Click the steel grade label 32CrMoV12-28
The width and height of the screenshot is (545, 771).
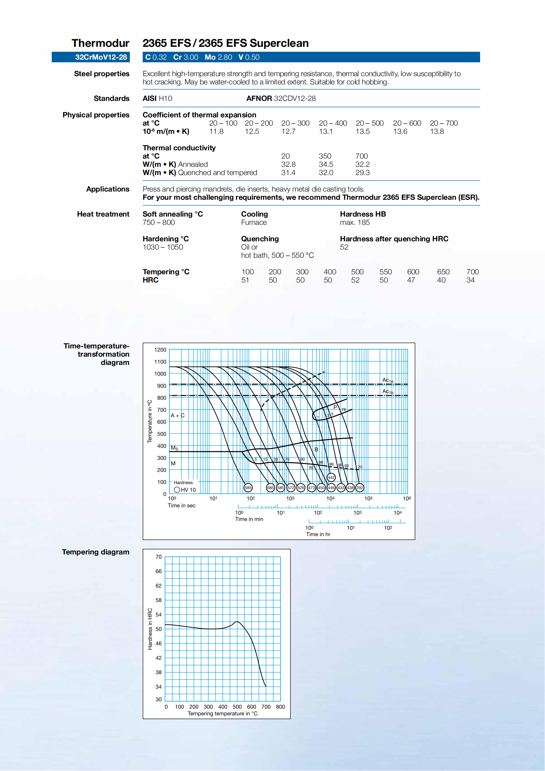[101, 57]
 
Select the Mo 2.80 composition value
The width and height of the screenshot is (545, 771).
[218, 57]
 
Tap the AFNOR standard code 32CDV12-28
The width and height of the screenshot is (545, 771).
[294, 98]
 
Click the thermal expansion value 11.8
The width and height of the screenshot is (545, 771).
[216, 131]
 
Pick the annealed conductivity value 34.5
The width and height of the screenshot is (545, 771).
[326, 164]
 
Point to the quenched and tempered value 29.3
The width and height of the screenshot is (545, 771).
[362, 173]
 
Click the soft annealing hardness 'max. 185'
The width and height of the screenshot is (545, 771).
[355, 222]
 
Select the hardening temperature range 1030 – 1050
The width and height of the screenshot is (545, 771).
[163, 247]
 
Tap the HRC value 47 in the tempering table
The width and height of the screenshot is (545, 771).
[411, 280]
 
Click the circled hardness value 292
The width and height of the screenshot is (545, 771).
[359, 488]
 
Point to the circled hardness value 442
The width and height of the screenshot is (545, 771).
[331, 477]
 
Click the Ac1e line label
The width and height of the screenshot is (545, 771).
[387, 380]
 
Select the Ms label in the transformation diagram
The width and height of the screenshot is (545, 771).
[175, 448]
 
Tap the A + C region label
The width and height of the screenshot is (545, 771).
[178, 415]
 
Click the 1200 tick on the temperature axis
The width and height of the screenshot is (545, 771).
[160, 349]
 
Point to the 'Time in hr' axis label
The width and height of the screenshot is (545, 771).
[318, 534]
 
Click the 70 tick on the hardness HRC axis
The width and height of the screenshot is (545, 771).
[158, 557]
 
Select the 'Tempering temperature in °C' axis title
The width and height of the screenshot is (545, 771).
[222, 713]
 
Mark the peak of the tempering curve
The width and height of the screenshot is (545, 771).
[237, 622]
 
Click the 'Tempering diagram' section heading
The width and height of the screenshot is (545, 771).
[96, 552]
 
